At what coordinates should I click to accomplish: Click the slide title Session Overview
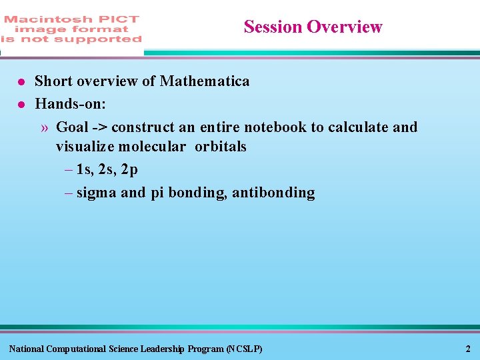(x=313, y=27)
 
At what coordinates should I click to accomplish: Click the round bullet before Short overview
(x=21, y=82)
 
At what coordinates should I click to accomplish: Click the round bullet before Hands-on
(x=21, y=105)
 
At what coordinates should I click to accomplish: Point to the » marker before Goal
(x=44, y=127)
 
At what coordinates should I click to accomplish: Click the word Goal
(x=72, y=127)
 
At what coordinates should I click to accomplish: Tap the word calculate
(x=359, y=127)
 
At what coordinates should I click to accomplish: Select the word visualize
(x=85, y=147)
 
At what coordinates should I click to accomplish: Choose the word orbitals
(x=220, y=147)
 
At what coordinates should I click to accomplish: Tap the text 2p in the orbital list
(x=129, y=170)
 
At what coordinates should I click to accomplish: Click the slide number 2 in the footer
(x=468, y=349)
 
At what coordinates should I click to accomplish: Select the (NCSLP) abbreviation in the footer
(x=244, y=349)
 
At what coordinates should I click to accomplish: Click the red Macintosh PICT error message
(x=71, y=29)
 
